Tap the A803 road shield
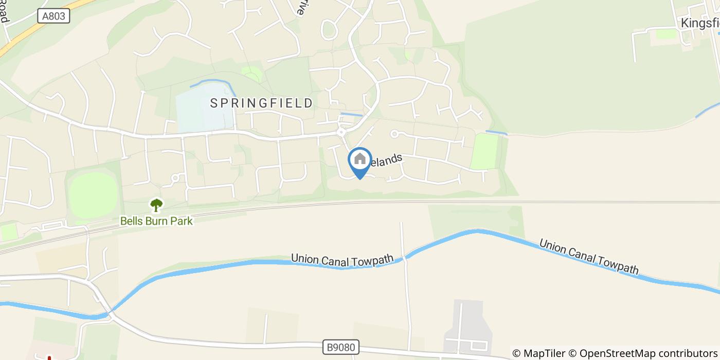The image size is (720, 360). (53, 16)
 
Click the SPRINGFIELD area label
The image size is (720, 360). (261, 103)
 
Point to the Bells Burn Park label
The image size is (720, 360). (156, 221)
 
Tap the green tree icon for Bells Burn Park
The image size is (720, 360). (156, 205)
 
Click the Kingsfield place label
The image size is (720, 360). (700, 23)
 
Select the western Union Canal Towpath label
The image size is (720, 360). (342, 259)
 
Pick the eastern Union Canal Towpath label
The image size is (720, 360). (588, 256)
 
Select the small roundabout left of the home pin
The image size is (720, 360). (341, 132)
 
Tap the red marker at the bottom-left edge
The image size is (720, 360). (49, 357)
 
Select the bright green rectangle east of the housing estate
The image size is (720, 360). (485, 152)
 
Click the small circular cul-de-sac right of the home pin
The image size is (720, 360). (394, 134)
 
